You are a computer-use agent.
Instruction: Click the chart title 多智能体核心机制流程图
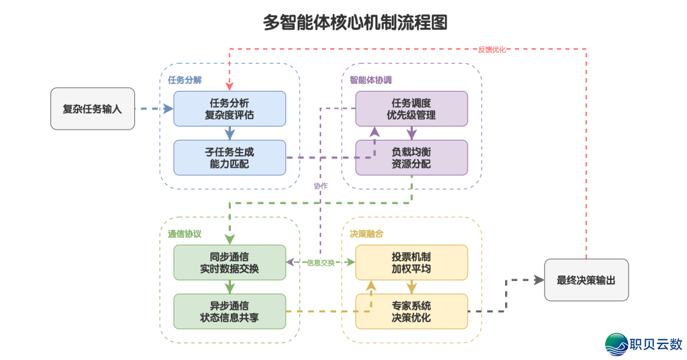point(355,22)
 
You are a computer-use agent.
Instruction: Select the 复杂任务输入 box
point(92,109)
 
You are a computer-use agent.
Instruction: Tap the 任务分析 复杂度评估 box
point(230,109)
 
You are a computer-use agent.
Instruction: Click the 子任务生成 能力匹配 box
point(230,158)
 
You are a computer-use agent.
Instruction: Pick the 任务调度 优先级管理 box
point(411,109)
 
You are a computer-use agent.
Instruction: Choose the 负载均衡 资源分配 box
point(411,158)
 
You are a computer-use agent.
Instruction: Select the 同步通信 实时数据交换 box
point(230,262)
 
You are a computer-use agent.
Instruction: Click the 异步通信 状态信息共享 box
point(230,311)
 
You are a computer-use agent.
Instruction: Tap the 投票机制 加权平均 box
point(411,262)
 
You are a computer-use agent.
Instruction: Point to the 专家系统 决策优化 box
point(411,311)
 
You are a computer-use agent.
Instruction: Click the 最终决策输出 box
point(586,280)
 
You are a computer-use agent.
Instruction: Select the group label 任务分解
point(185,80)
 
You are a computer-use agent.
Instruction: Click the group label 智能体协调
point(371,80)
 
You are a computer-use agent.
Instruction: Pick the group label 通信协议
point(185,234)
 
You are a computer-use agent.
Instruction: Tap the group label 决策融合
point(366,234)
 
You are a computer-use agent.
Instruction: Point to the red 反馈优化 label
point(492,50)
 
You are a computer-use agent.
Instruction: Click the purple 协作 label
point(321,186)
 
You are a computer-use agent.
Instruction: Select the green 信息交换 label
point(321,262)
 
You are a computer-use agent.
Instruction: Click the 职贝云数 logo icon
point(616,344)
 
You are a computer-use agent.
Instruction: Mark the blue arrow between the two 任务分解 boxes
point(230,133)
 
